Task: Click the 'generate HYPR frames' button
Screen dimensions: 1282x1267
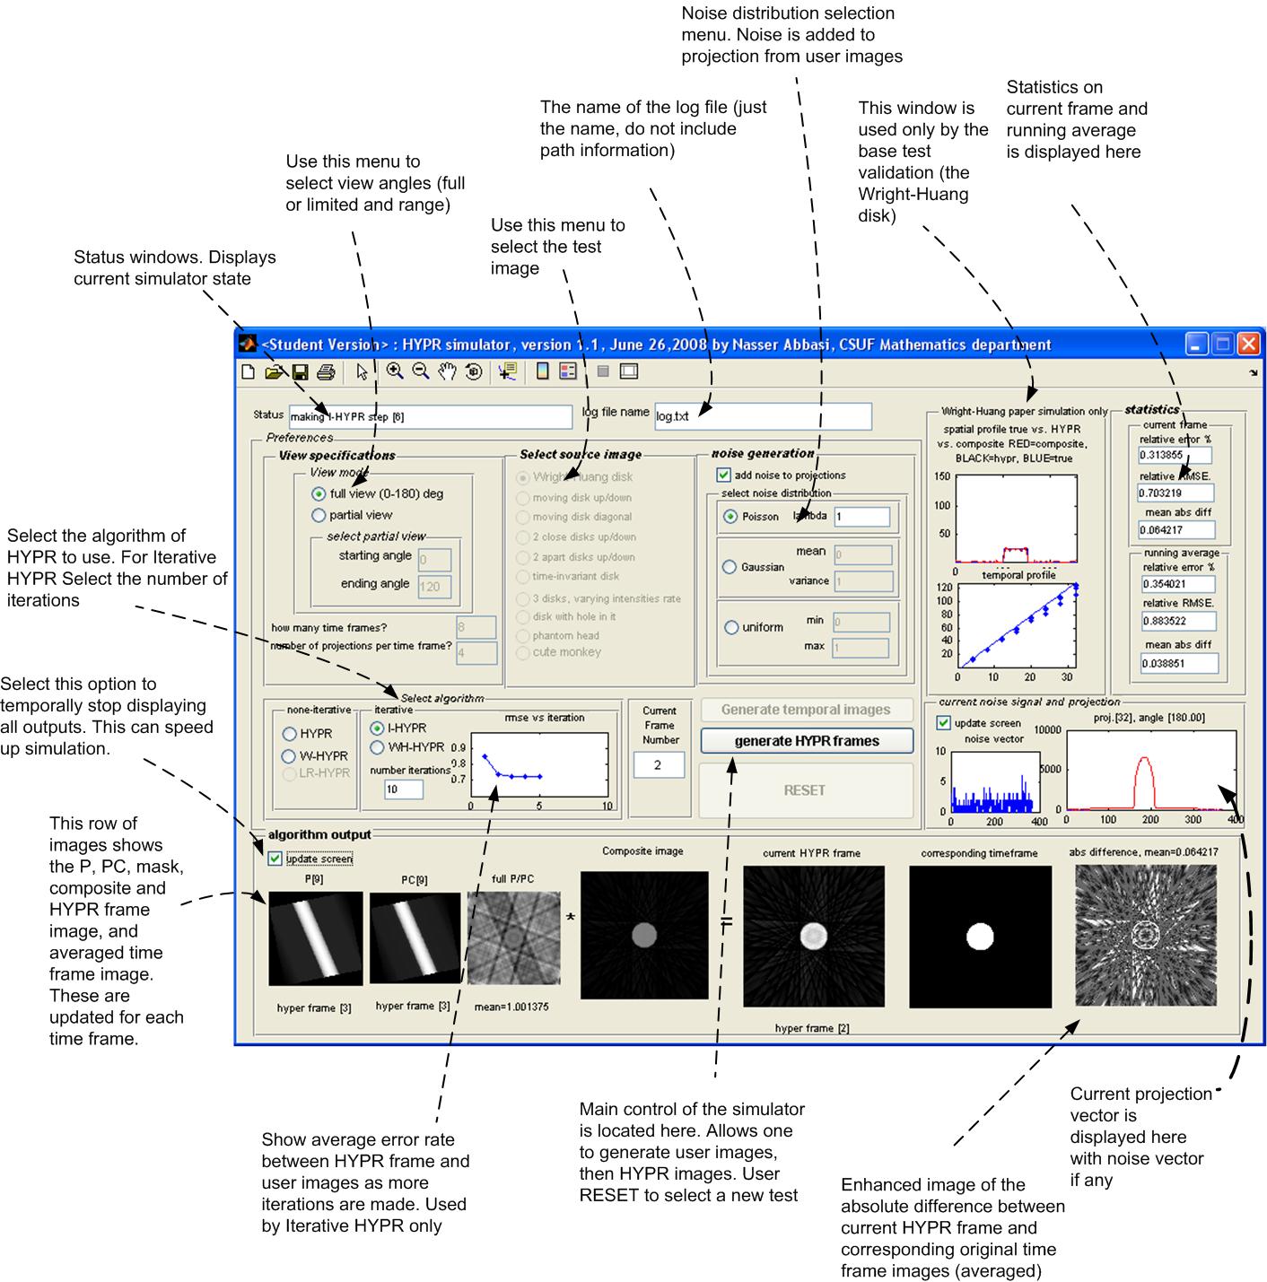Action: tap(806, 741)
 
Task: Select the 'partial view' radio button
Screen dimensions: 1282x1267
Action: tap(319, 515)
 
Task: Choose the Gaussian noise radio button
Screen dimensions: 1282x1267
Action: tap(730, 567)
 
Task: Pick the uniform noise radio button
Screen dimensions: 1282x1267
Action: tap(731, 627)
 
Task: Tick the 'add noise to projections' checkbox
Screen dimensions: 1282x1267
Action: tap(723, 475)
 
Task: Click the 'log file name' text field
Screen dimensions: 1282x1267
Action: tap(763, 416)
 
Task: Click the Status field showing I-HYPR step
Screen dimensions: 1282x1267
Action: tap(430, 416)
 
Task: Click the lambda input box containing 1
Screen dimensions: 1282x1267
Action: tap(861, 517)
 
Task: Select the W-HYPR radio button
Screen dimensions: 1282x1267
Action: tap(290, 756)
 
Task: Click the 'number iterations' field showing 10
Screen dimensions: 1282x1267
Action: tap(403, 789)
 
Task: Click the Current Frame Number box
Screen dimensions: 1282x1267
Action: tap(659, 765)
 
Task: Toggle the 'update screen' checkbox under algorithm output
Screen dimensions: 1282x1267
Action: tap(275, 859)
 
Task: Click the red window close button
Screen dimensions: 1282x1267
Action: tap(1248, 344)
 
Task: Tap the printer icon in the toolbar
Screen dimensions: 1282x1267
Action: tap(326, 371)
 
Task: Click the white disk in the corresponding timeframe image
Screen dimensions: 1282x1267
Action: tap(980, 937)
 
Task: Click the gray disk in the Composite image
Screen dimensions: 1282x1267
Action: tap(644, 936)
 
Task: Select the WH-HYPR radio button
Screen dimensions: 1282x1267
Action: tap(378, 747)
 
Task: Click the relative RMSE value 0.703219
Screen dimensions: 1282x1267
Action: tap(1175, 493)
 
